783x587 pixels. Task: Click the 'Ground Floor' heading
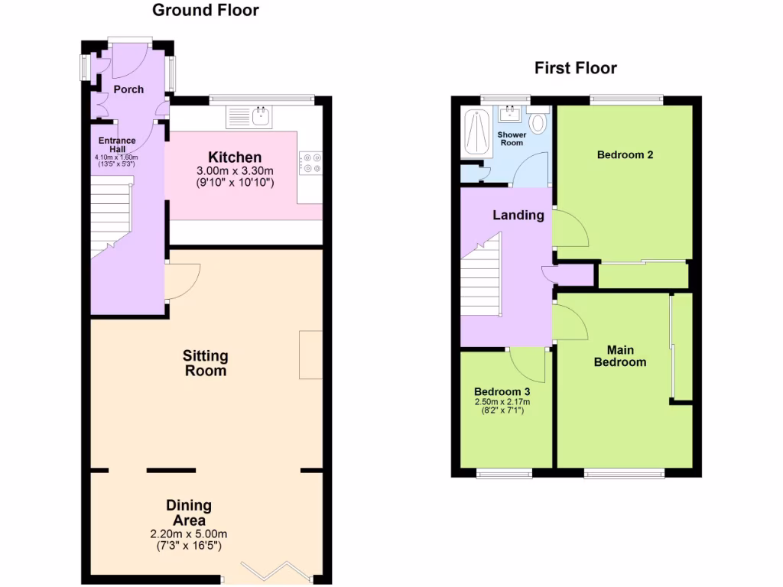pyautogui.click(x=205, y=11)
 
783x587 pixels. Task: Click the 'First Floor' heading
pyautogui.click(x=575, y=69)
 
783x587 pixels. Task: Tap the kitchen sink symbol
pyautogui.click(x=250, y=117)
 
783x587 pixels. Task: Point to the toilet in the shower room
pyautogui.click(x=538, y=122)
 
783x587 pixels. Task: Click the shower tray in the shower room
pyautogui.click(x=477, y=133)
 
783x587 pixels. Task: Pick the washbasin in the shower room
pyautogui.click(x=510, y=115)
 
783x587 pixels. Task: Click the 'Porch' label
pyautogui.click(x=128, y=89)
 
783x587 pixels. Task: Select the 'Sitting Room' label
pyautogui.click(x=205, y=363)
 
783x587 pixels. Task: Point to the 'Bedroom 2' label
pyautogui.click(x=625, y=154)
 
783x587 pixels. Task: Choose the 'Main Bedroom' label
pyautogui.click(x=620, y=355)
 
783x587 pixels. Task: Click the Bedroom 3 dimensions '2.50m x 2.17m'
pyautogui.click(x=502, y=401)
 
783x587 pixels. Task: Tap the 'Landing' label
pyautogui.click(x=518, y=215)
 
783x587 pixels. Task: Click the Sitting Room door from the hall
pyautogui.click(x=182, y=281)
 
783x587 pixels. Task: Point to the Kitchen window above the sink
pyautogui.click(x=262, y=98)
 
